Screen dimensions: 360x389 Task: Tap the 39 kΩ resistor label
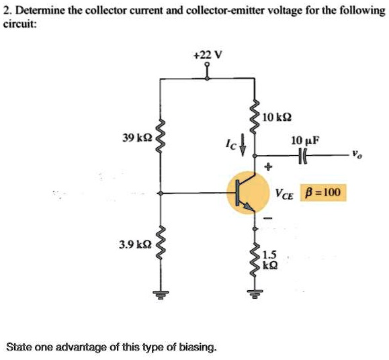(x=137, y=138)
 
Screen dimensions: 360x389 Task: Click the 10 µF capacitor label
(x=306, y=140)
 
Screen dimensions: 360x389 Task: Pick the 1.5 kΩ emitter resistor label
(x=269, y=259)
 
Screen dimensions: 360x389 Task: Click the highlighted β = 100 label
(x=323, y=193)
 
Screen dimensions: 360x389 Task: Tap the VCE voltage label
(x=283, y=195)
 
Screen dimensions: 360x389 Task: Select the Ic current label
(x=232, y=144)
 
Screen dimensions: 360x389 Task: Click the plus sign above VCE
(x=268, y=165)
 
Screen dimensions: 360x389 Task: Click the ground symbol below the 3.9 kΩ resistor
(x=161, y=293)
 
